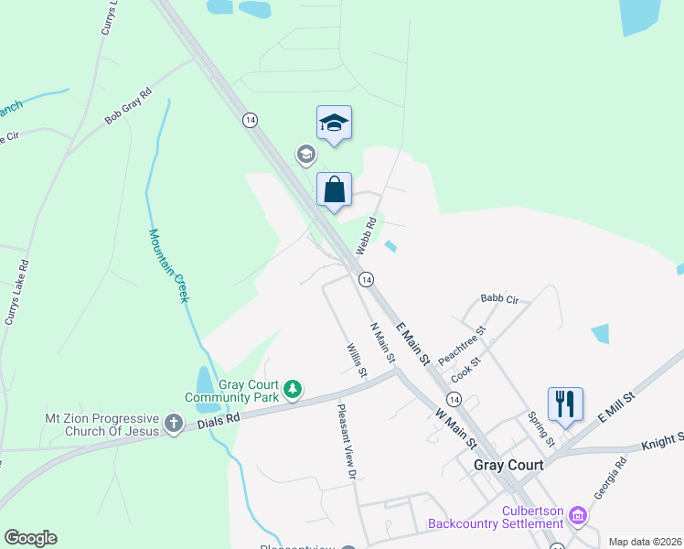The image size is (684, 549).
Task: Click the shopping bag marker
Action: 335,190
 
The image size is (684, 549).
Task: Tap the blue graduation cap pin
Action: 335,124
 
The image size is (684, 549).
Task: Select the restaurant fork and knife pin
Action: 565,404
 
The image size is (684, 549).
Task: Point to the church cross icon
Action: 175,425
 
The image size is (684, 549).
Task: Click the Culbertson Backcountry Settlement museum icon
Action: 577,516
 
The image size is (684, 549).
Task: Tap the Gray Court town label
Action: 508,465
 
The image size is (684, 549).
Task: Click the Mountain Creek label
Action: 169,265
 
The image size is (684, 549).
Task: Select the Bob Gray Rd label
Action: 128,106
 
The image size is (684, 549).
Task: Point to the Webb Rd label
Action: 366,236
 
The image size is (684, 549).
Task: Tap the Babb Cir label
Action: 499,299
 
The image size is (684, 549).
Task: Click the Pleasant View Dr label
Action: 346,442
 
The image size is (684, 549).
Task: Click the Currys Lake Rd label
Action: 16,293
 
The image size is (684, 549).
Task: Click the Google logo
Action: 30,538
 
